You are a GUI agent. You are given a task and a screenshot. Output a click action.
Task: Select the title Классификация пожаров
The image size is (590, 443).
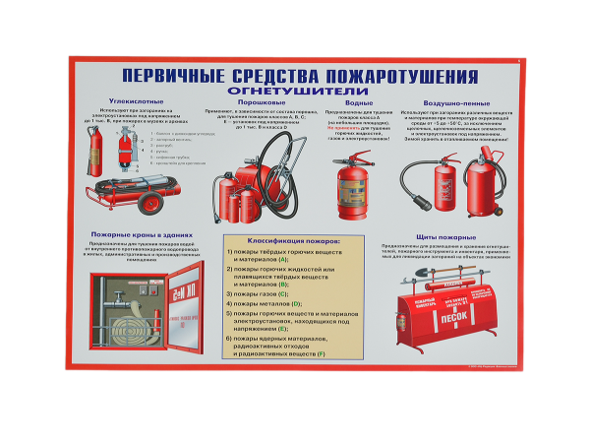(x=280, y=240)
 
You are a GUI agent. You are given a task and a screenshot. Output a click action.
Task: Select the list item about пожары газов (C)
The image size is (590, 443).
(x=258, y=294)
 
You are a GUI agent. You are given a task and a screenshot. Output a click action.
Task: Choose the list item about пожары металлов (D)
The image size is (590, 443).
(x=264, y=304)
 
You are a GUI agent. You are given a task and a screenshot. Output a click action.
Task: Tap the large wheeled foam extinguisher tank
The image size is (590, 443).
(x=481, y=188)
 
